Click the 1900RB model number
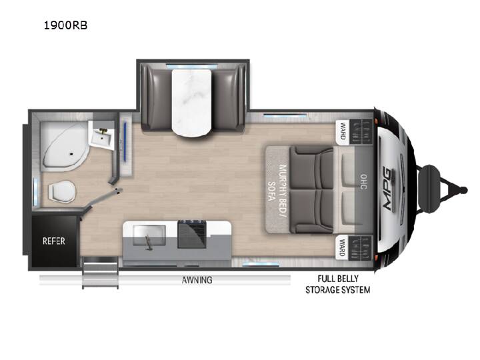(66, 25)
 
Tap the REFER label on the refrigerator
(54, 241)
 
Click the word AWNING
(197, 280)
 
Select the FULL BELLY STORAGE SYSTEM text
(337, 285)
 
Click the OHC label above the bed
(363, 182)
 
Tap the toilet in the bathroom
(61, 191)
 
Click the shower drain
(71, 154)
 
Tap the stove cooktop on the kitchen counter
(192, 233)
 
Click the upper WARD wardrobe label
(343, 131)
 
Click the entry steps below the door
(101, 273)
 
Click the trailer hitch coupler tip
(464, 190)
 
